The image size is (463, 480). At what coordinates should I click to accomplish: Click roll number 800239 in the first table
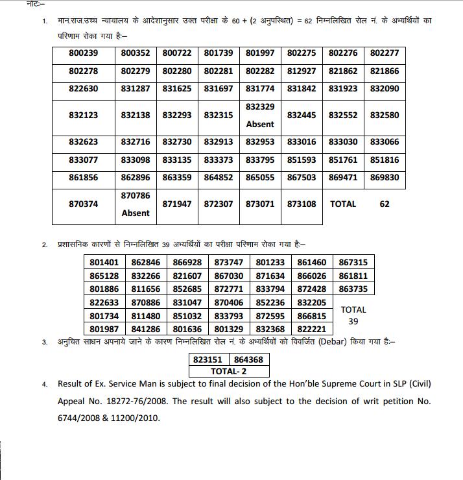(83, 53)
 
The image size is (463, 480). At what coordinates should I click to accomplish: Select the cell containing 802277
(385, 53)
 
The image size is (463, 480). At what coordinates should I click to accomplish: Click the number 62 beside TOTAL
(385, 204)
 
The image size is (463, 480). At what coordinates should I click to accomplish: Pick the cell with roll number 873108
(302, 204)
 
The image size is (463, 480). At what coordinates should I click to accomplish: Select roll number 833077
(83, 160)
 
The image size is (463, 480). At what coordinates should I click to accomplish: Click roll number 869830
(385, 177)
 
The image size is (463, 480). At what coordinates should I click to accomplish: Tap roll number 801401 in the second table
(104, 262)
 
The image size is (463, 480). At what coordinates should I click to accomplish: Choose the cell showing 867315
(353, 262)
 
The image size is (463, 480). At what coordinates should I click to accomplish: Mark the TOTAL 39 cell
(353, 315)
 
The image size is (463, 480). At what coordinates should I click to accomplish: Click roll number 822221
(312, 329)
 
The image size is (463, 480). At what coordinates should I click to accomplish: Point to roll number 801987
(104, 329)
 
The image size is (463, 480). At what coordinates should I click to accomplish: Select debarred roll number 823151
(208, 359)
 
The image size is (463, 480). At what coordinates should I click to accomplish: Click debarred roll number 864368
(248, 359)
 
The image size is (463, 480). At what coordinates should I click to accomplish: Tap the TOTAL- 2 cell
(228, 372)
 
